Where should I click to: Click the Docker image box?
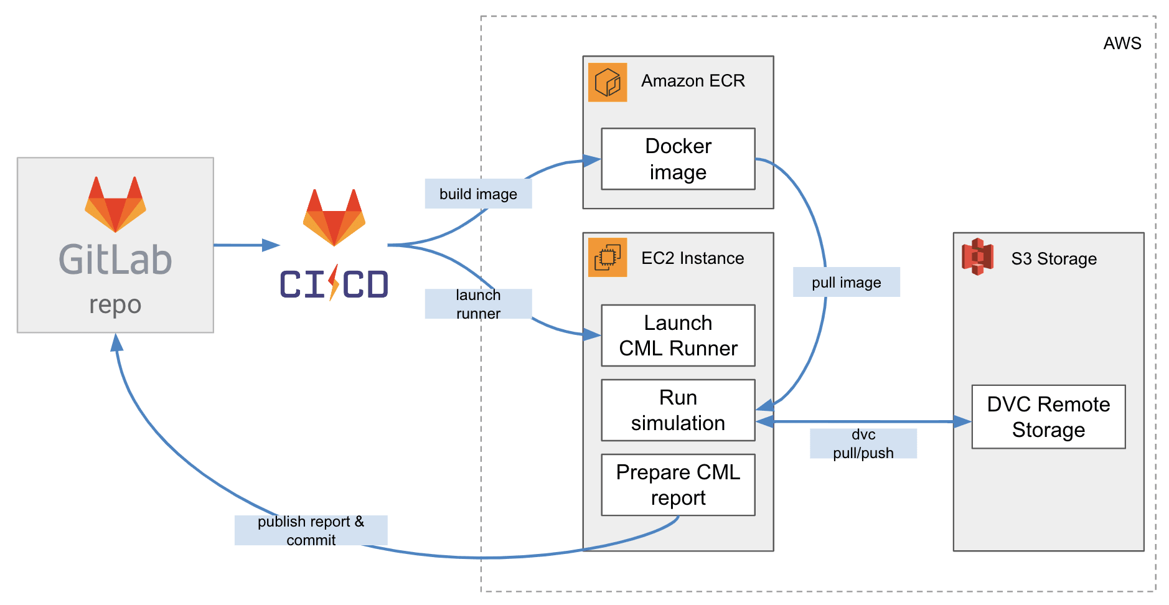(678, 159)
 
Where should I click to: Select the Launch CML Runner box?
(678, 335)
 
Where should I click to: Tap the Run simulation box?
(678, 410)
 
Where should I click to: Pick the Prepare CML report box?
(678, 485)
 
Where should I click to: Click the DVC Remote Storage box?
(1048, 416)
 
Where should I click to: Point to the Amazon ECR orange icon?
(608, 82)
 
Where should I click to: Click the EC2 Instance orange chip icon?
(608, 257)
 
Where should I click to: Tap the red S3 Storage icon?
(977, 256)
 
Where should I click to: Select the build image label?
(478, 194)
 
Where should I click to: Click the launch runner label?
(478, 304)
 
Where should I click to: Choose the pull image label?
(846, 282)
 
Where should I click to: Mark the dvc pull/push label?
(863, 443)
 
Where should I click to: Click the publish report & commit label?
(311, 530)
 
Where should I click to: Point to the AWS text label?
(1122, 43)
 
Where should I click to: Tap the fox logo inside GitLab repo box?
(115, 204)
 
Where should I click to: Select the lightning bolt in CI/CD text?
(334, 283)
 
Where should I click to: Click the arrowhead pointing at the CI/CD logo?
(271, 245)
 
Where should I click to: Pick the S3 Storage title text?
(1054, 258)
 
